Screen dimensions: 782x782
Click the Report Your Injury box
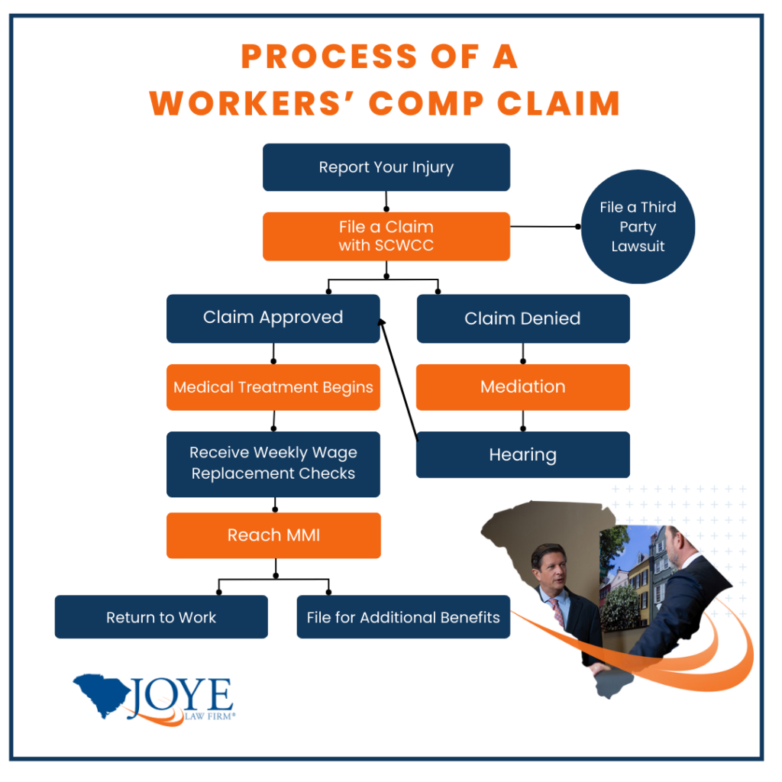pyautogui.click(x=386, y=167)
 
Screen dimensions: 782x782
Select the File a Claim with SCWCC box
pyautogui.click(x=386, y=236)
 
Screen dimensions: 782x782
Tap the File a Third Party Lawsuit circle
pyautogui.click(x=638, y=227)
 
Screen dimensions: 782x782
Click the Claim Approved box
pyautogui.click(x=273, y=318)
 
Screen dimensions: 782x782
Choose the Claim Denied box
pyautogui.click(x=522, y=318)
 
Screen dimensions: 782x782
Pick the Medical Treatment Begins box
pyautogui.click(x=273, y=387)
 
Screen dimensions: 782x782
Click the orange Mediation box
pyautogui.click(x=522, y=386)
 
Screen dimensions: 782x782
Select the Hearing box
pyautogui.click(x=522, y=455)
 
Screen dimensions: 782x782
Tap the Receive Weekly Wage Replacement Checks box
pyautogui.click(x=273, y=463)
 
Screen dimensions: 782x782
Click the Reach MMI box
pyautogui.click(x=273, y=535)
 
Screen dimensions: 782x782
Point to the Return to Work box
pyautogui.click(x=161, y=617)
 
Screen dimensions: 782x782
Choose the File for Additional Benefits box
pyautogui.click(x=402, y=617)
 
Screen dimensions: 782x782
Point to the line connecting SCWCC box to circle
pyautogui.click(x=544, y=227)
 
